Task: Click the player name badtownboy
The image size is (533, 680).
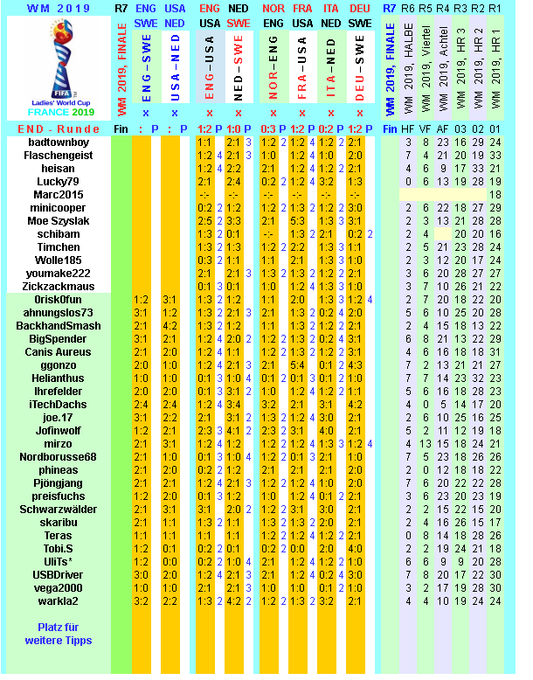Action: (x=58, y=142)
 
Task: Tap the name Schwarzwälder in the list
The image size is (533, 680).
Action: (x=58, y=509)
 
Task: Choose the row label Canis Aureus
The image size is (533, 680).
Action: (x=58, y=351)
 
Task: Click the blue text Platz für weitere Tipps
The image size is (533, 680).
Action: (x=58, y=634)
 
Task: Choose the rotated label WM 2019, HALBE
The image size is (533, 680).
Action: (x=409, y=66)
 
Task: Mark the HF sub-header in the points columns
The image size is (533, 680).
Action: (x=409, y=128)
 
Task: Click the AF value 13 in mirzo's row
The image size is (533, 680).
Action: (x=443, y=443)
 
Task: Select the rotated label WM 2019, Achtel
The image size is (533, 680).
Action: (x=443, y=66)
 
